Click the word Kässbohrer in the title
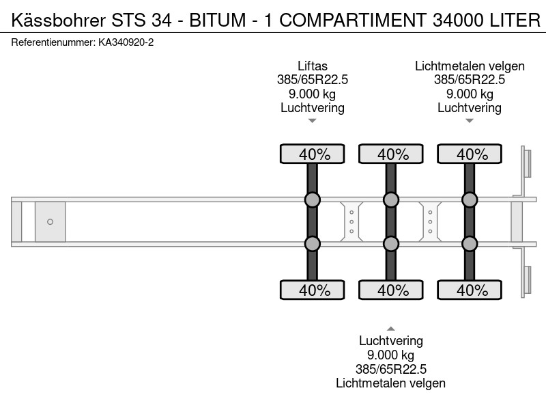(x=59, y=20)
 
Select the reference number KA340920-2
(x=126, y=42)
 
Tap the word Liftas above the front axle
(x=313, y=66)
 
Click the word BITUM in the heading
(x=218, y=20)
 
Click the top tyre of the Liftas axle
(x=313, y=154)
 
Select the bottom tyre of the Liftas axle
(x=313, y=290)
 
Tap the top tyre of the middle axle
(x=391, y=154)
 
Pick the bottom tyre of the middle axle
(x=391, y=290)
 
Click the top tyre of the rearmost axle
(x=470, y=154)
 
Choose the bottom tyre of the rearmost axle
(x=470, y=290)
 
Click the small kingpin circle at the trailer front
(x=50, y=221)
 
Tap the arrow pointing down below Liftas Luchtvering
(x=313, y=121)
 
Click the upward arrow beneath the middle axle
(x=391, y=329)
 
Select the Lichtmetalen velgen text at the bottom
(x=390, y=383)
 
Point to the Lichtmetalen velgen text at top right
(x=470, y=66)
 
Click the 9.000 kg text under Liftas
(x=313, y=94)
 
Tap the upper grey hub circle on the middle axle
(x=391, y=200)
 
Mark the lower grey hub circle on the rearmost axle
(x=470, y=244)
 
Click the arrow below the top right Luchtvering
(x=470, y=121)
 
